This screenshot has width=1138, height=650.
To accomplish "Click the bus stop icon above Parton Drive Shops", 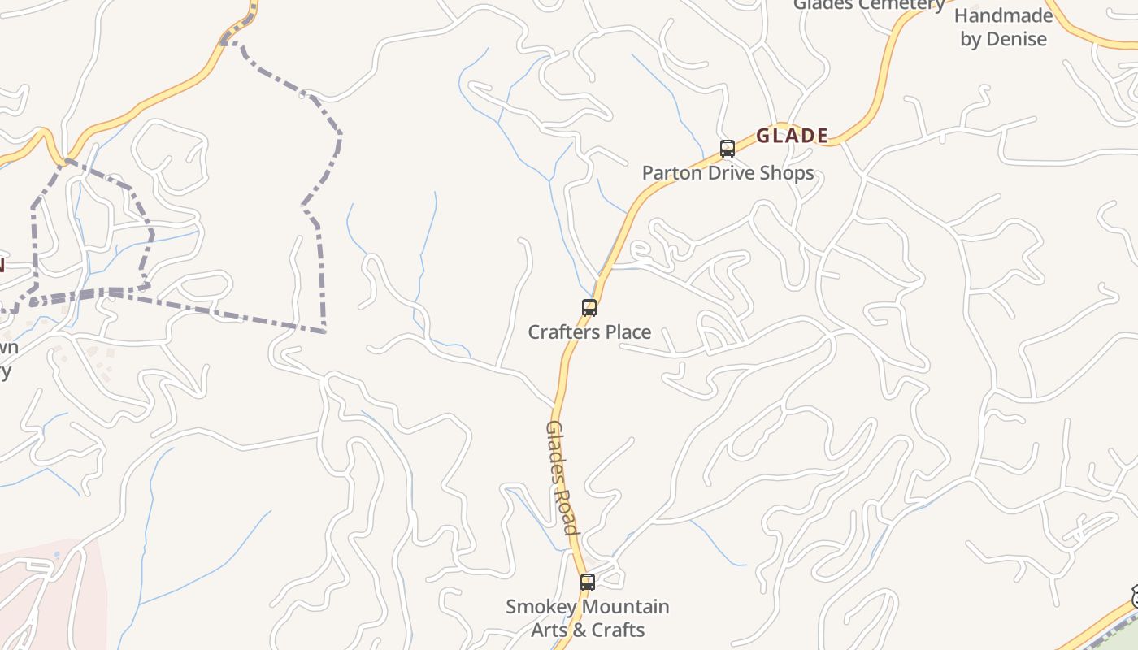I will pyautogui.click(x=728, y=149).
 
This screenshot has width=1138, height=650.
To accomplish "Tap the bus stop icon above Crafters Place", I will pyautogui.click(x=589, y=308).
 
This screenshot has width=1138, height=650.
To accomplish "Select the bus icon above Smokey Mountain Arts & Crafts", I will pyautogui.click(x=588, y=583).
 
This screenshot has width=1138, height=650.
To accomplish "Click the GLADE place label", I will pyautogui.click(x=792, y=136).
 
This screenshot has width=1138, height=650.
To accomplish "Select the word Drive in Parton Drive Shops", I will pyautogui.click(x=730, y=173).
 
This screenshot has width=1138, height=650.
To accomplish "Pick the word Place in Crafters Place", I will pyautogui.click(x=625, y=332).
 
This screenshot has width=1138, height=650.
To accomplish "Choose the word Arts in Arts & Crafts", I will pyautogui.click(x=549, y=630).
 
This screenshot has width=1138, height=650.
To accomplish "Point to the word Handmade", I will pyautogui.click(x=1003, y=15).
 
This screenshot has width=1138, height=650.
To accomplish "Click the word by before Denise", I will pyautogui.click(x=971, y=40).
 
